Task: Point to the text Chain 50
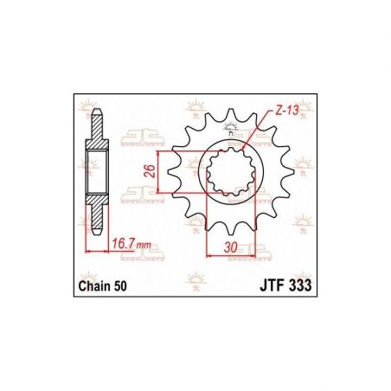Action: pos(104,285)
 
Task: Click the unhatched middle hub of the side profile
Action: pos(99,170)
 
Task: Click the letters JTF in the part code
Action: pos(252,285)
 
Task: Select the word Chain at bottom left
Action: pos(96,285)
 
